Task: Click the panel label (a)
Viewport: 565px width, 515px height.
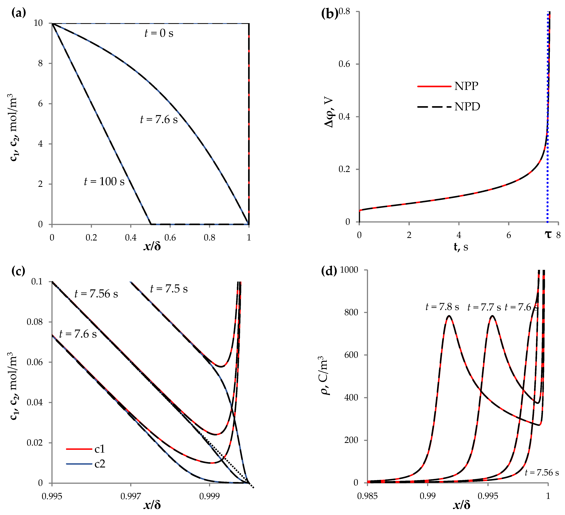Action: [18, 13]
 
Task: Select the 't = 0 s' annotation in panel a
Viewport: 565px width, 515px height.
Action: [159, 33]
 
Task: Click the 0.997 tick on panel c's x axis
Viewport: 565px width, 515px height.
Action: [131, 496]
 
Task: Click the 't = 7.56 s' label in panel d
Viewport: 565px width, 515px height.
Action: [541, 473]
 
